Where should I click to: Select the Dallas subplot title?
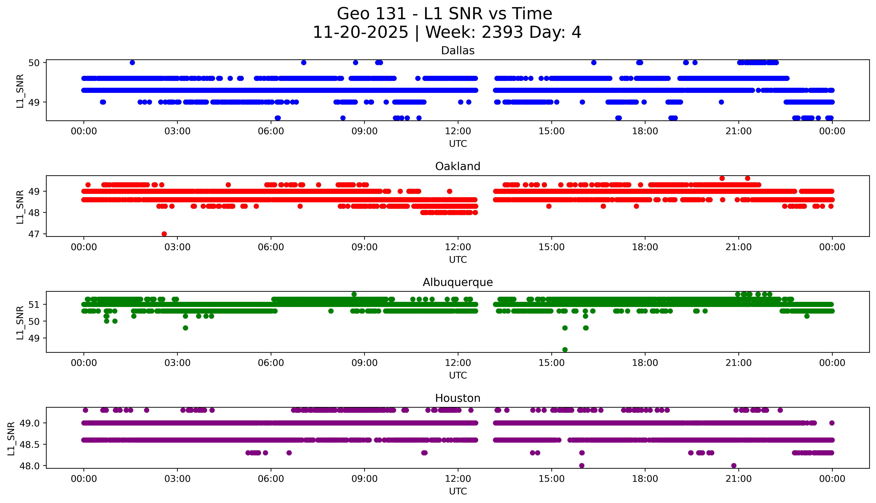(458, 51)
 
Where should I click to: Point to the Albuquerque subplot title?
(458, 282)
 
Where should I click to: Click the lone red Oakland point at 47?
(164, 234)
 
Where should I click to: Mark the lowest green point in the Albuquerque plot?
(565, 350)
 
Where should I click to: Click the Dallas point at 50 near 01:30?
(132, 63)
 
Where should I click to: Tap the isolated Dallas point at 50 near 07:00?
(304, 63)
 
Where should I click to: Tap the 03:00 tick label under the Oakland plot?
(177, 247)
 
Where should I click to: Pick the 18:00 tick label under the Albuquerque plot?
(645, 363)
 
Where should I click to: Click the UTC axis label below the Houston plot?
(458, 491)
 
